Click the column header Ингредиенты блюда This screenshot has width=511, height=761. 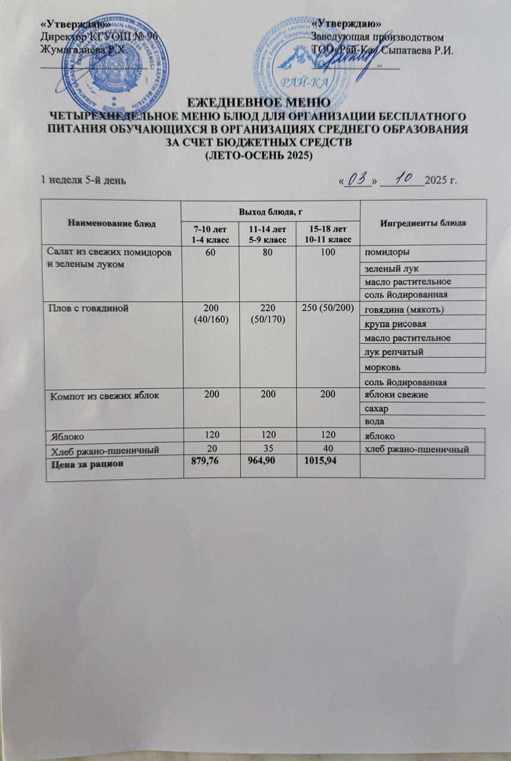pyautogui.click(x=423, y=222)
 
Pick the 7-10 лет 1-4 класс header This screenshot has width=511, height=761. pyautogui.click(x=210, y=233)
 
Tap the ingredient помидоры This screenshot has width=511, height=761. pyautogui.click(x=387, y=251)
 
